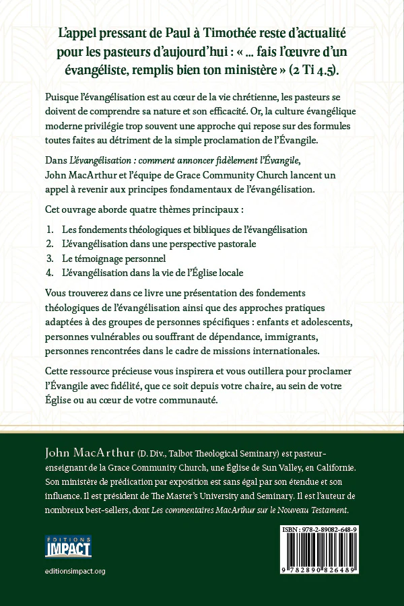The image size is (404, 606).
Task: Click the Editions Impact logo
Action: [68, 546]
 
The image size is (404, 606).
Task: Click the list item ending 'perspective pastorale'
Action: [158, 244]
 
